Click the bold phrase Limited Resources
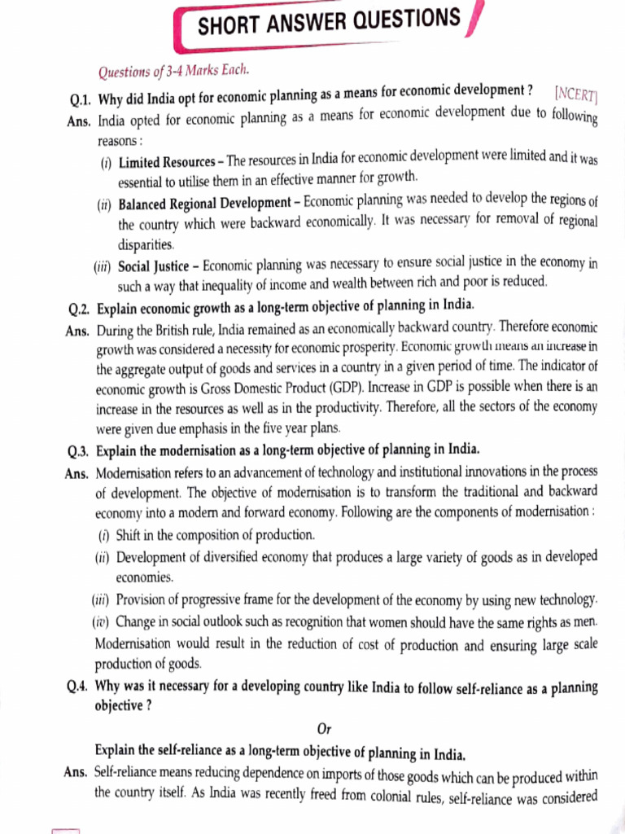coord(167,163)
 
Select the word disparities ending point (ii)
coord(146,244)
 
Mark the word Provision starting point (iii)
coord(142,600)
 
